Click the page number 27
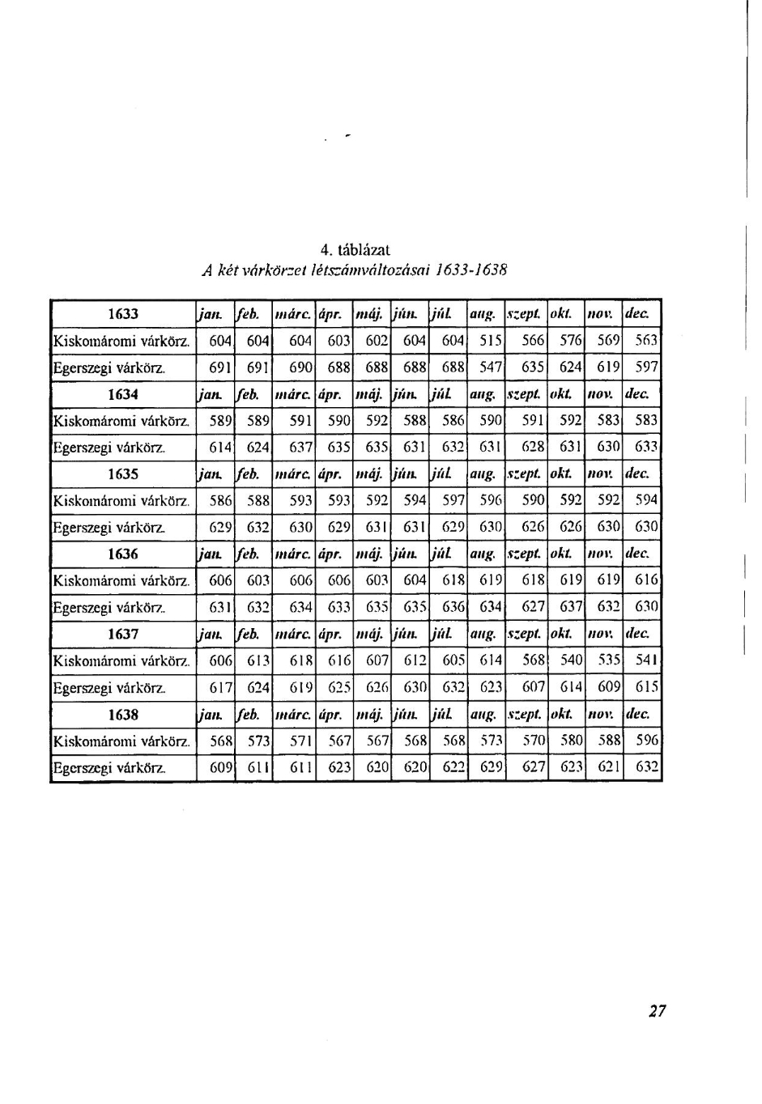pyautogui.click(x=657, y=1010)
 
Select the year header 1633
pyautogui.click(x=123, y=314)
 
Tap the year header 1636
pyautogui.click(x=123, y=554)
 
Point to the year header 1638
pyautogui.click(x=123, y=715)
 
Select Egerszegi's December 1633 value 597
pyautogui.click(x=646, y=367)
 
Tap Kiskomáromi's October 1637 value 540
pyautogui.click(x=572, y=661)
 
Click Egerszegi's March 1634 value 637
pyautogui.click(x=301, y=448)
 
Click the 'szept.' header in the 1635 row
pyautogui.click(x=525, y=474)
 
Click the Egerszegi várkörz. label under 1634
pyautogui.click(x=109, y=448)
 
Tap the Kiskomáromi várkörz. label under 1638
pyautogui.click(x=121, y=741)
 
